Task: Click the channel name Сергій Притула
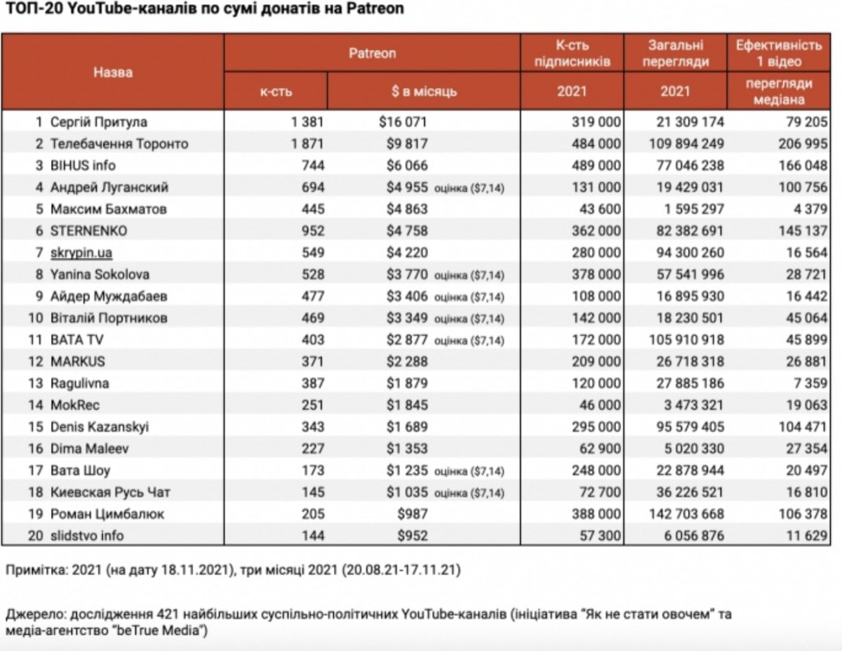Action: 98,121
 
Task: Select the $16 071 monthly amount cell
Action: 403,121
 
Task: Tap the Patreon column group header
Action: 372,53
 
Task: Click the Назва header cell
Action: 113,72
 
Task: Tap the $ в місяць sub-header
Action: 424,91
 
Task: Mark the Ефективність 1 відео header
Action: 778,53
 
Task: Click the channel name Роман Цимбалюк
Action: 107,514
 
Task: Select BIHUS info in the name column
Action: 83,165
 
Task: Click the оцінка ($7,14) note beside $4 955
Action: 469,188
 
